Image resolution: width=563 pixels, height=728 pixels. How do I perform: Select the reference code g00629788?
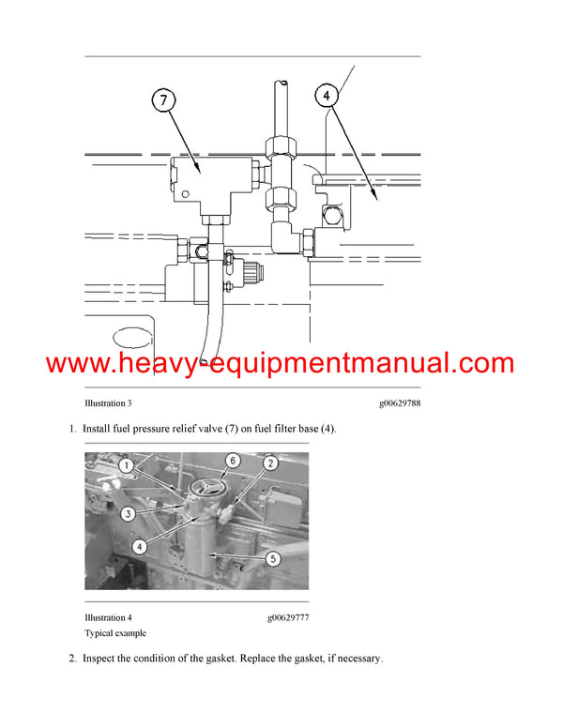point(400,405)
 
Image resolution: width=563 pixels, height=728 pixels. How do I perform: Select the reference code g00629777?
point(287,618)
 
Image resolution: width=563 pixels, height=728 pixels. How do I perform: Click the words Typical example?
point(115,633)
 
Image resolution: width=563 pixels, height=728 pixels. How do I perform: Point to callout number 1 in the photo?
point(127,464)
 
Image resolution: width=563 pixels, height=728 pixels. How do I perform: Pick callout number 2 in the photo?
point(269,463)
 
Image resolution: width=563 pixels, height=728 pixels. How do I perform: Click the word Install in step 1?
point(99,429)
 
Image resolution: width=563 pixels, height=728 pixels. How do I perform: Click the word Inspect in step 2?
point(101,660)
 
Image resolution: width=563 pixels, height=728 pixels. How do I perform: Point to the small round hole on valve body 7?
point(186,195)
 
